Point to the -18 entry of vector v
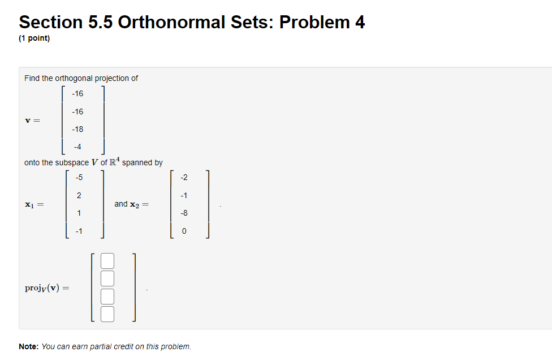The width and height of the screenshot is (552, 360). [77, 129]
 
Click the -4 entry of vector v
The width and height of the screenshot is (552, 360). [77, 147]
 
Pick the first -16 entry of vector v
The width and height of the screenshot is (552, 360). [77, 93]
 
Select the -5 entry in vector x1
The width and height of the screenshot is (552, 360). [79, 177]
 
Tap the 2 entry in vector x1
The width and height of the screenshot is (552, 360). [79, 195]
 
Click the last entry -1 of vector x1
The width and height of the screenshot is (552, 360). [79, 231]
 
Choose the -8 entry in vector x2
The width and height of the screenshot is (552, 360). [184, 213]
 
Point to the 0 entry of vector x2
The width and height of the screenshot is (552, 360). [184, 231]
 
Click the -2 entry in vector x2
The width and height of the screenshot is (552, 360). [184, 177]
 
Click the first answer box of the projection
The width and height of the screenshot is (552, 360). [107, 261]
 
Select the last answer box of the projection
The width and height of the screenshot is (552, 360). [107, 314]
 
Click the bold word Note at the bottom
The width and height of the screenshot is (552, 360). [28, 346]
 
